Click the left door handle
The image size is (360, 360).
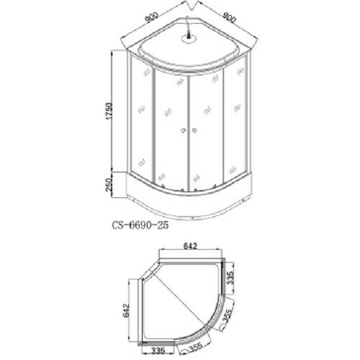[x=184, y=130]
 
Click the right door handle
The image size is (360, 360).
[x=194, y=130]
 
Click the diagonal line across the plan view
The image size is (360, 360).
[x=187, y=295]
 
